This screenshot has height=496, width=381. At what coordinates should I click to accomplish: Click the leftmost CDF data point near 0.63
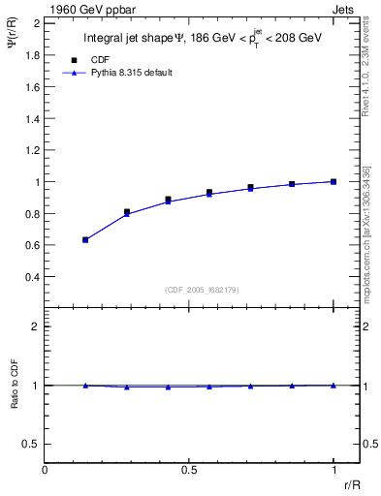[x=85, y=239]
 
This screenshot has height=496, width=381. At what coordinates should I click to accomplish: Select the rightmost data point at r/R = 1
[x=333, y=181]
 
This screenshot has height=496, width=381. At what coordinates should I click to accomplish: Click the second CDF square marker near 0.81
[x=127, y=211]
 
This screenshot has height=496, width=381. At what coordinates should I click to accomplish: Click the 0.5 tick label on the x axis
[x=189, y=471]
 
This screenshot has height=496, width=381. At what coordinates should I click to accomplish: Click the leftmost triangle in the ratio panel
[x=85, y=386]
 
